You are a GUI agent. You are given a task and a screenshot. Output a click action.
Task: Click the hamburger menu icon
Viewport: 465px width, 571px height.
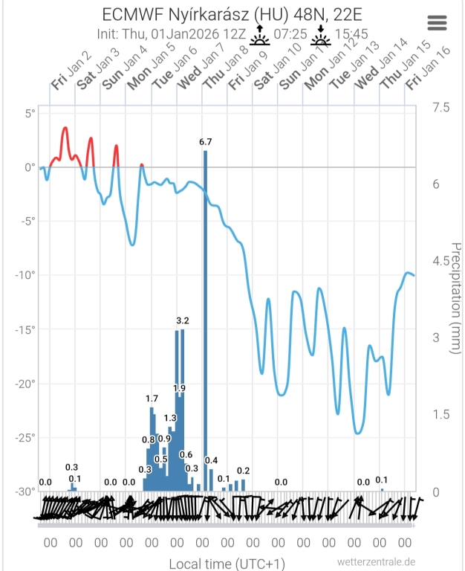pyautogui.click(x=438, y=22)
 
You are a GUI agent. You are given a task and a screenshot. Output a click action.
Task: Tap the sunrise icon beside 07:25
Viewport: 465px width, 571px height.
pyautogui.click(x=259, y=35)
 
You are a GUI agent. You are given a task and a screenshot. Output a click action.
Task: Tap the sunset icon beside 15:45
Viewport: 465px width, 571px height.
pyautogui.click(x=321, y=35)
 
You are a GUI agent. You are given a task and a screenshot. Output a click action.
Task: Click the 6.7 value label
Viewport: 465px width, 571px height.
pyautogui.click(x=206, y=141)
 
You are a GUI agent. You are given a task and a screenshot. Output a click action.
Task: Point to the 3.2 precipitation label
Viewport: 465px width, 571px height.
pyautogui.click(x=183, y=320)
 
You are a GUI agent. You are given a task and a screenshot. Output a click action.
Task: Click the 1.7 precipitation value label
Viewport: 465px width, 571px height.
pyautogui.click(x=152, y=399)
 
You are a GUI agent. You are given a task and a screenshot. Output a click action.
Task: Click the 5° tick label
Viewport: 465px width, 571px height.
pyautogui.click(x=30, y=113)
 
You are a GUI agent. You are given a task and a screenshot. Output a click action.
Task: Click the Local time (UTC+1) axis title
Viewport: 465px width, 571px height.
pyautogui.click(x=227, y=564)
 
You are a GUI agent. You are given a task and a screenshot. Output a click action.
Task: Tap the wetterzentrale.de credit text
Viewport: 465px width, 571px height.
pyautogui.click(x=376, y=562)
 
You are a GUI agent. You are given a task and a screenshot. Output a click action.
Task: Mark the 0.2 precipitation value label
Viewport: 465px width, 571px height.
pyautogui.click(x=243, y=471)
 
